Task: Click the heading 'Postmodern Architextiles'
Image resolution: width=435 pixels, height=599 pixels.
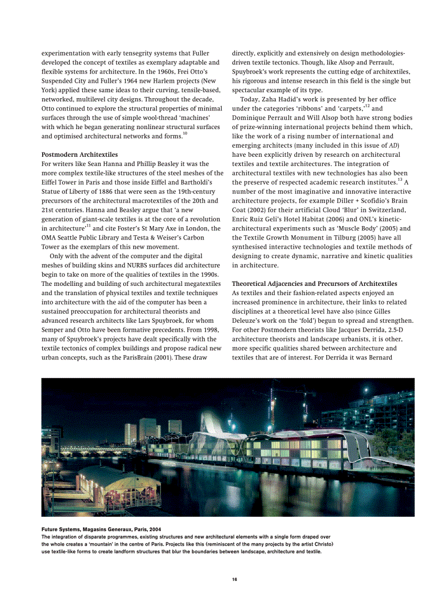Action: click(x=79, y=155)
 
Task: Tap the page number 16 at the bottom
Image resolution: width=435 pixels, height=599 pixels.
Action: click(x=234, y=580)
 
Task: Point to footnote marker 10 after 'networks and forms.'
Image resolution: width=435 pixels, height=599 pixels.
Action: click(x=184, y=133)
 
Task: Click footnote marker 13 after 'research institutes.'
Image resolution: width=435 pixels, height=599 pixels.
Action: click(x=399, y=180)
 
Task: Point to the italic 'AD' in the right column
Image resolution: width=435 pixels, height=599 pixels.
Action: click(x=393, y=146)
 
